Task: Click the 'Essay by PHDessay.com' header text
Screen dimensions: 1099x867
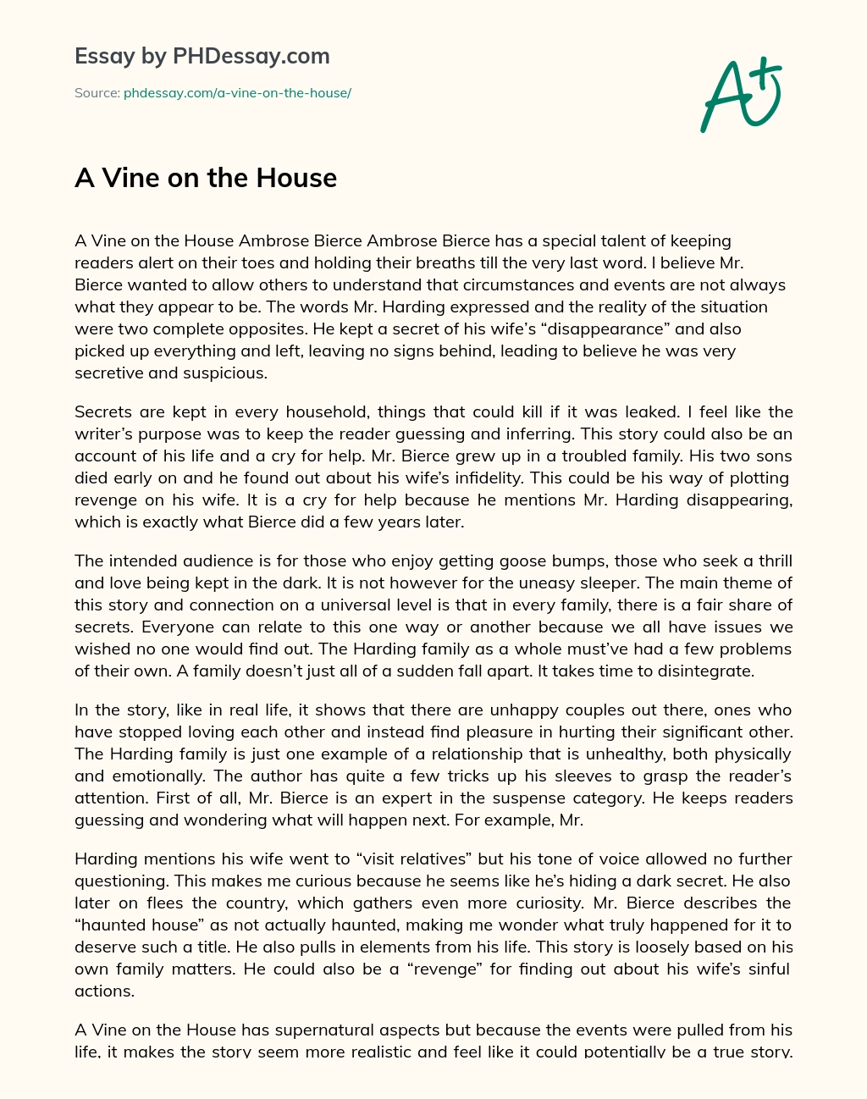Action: (x=202, y=57)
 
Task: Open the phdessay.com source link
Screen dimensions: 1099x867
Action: (x=237, y=93)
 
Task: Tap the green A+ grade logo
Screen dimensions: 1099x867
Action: (x=741, y=94)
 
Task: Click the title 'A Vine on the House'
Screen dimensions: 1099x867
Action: (x=206, y=178)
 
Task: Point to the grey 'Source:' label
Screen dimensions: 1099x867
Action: (x=97, y=93)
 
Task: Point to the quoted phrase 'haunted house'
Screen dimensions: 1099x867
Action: (x=124, y=925)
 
